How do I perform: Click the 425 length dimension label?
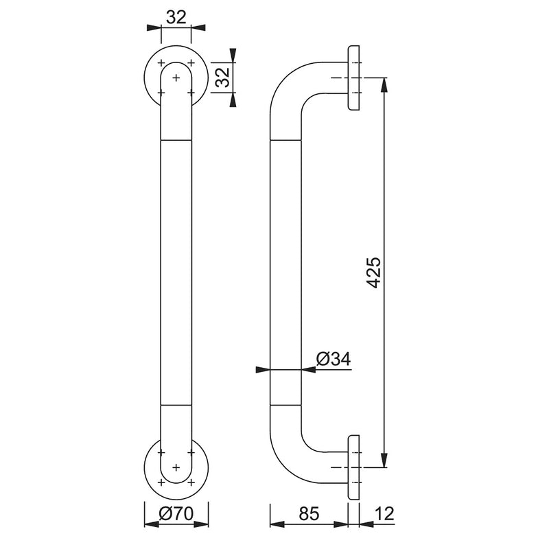[374, 272]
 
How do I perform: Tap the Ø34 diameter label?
[334, 359]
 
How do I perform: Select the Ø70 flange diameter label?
[176, 513]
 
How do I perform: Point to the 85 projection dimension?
[309, 513]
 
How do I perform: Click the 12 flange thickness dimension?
[384, 513]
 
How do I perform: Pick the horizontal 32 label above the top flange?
[176, 17]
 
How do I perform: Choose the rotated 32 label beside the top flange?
[222, 77]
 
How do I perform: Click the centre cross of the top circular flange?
[176, 78]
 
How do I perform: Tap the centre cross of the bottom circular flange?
[176, 467]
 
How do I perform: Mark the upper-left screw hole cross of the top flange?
[161, 62]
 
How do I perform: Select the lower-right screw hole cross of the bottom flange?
[191, 482]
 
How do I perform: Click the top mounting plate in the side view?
[353, 78]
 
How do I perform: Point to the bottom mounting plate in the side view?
[353, 467]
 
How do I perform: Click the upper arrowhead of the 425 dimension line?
[384, 84]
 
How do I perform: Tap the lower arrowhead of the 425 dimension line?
[384, 460]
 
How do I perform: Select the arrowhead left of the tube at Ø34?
[263, 369]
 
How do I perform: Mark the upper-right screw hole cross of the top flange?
[191, 62]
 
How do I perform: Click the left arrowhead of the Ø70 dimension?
[152, 524]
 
